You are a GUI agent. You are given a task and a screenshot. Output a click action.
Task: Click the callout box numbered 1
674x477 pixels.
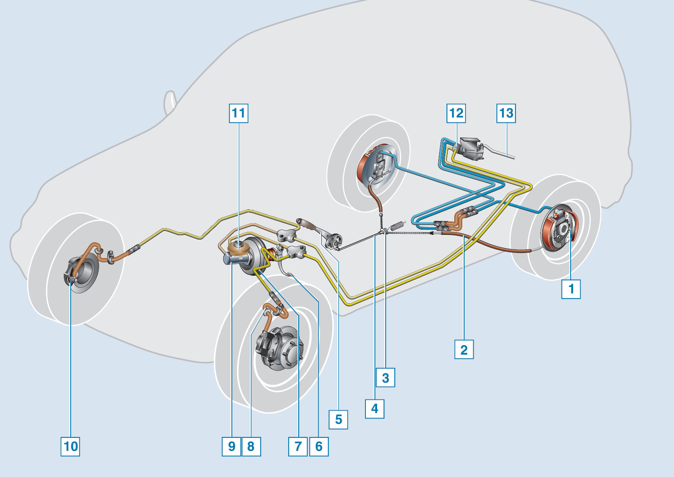coord(571,289)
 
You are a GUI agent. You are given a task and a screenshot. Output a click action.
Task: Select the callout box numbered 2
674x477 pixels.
coord(464,349)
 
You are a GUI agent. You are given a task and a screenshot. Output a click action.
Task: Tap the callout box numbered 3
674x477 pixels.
coord(385,377)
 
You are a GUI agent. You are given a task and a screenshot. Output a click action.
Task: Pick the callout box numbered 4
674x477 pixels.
coord(374,408)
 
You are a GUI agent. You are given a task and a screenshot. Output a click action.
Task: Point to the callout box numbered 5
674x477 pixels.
coord(338,419)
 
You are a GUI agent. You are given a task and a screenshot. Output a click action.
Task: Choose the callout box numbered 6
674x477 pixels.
coord(319,446)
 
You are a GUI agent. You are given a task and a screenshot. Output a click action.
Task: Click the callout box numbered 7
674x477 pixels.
coord(298,446)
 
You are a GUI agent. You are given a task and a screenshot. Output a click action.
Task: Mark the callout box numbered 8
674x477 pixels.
coord(251,446)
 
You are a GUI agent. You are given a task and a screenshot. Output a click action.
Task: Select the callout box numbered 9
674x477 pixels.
coord(232,446)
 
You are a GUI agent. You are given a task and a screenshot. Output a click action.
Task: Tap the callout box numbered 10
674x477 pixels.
coord(71,446)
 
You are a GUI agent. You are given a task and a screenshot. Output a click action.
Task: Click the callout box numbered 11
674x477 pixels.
coord(238,113)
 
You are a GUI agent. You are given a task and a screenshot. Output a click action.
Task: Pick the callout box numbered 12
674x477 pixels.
coord(456,113)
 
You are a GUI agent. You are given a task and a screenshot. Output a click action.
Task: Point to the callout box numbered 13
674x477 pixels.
coord(506,113)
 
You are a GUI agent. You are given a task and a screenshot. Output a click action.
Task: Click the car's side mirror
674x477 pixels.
coord(170,103)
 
